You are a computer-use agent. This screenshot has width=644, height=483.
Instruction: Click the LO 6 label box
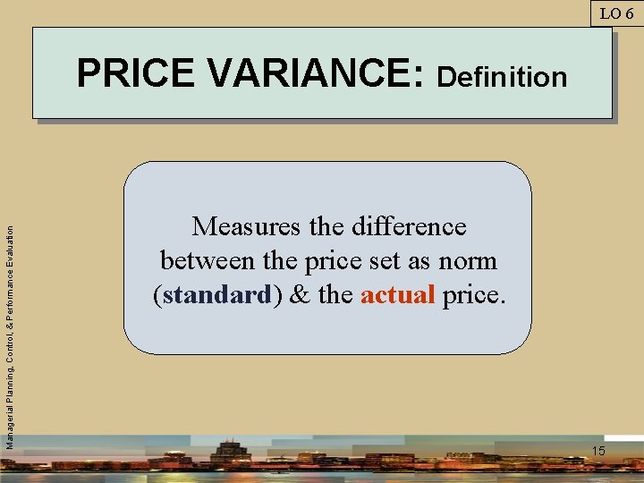coord(616,13)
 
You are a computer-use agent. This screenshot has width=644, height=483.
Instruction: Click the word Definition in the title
coord(502,77)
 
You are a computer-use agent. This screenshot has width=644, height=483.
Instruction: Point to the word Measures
coord(249,227)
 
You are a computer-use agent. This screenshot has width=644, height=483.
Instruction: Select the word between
coord(206,261)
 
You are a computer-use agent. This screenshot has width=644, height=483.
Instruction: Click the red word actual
coord(398,295)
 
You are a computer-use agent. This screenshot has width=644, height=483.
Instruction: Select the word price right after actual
coord(474,295)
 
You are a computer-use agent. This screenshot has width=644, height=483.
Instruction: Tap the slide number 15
coord(597,451)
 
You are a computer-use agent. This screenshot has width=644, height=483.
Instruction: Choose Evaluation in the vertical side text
coord(10,244)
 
